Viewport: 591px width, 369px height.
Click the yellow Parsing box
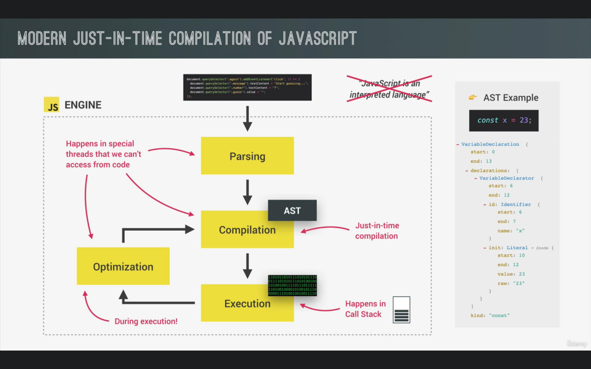[x=247, y=156]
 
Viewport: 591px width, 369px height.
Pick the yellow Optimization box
[x=123, y=266]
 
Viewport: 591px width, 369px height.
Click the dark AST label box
[x=292, y=210]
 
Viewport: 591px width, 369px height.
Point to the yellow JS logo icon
[x=52, y=105]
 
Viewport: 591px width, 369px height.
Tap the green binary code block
[x=292, y=285]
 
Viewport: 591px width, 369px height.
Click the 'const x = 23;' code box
[x=503, y=121]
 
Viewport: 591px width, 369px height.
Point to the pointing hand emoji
[x=473, y=97]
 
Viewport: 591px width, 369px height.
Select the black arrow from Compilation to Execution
[x=247, y=266]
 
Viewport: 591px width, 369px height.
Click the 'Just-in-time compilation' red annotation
[x=377, y=231]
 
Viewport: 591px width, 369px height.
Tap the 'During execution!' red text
[x=146, y=321]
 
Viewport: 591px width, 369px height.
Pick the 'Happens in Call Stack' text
[x=365, y=309]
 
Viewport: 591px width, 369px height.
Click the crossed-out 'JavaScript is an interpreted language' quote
[x=390, y=89]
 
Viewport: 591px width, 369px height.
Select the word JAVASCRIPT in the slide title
[x=317, y=39]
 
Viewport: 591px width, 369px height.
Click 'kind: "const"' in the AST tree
[x=491, y=315]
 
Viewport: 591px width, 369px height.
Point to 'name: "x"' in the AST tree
[x=510, y=230]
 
